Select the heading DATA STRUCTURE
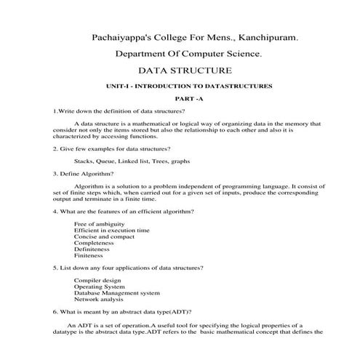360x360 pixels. [185, 71]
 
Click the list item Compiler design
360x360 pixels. [97, 280]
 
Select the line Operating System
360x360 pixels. [99, 287]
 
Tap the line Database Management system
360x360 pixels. [116, 293]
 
